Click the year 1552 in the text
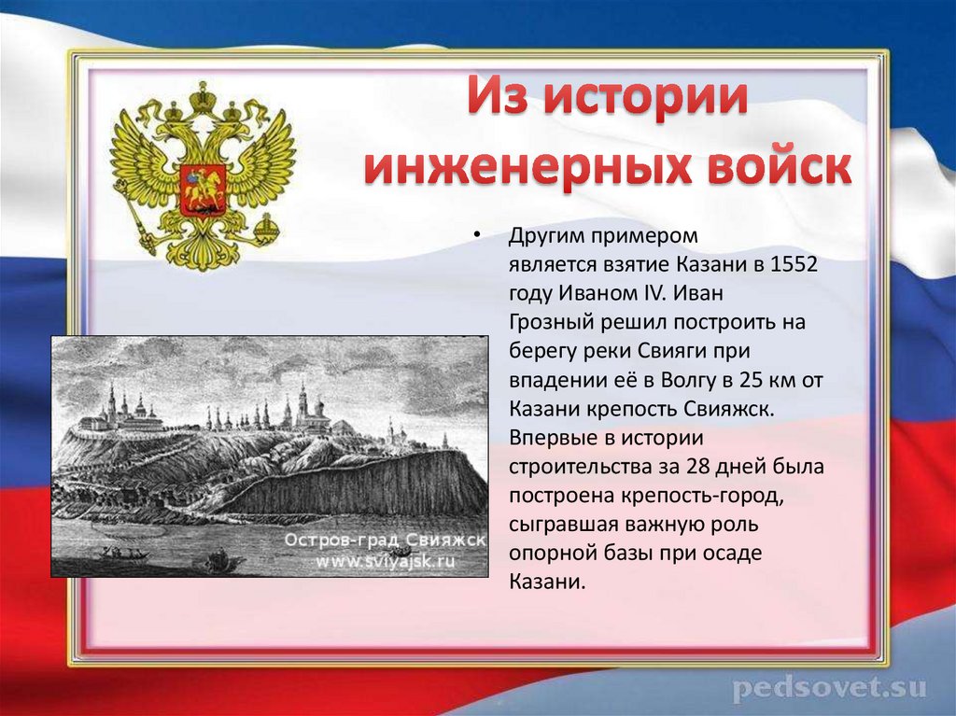tap(795, 264)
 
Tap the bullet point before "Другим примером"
tap(475, 234)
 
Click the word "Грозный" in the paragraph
tap(543, 322)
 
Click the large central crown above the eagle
tap(202, 95)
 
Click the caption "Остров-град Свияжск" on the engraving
tap(385, 541)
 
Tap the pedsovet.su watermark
tap(828, 689)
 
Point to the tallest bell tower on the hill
tap(302, 400)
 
